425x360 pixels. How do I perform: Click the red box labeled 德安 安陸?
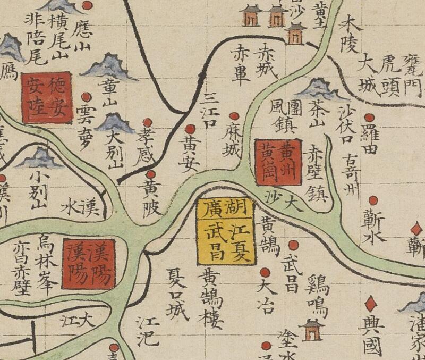tap(46, 97)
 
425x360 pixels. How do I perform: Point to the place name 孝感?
tap(146, 144)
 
